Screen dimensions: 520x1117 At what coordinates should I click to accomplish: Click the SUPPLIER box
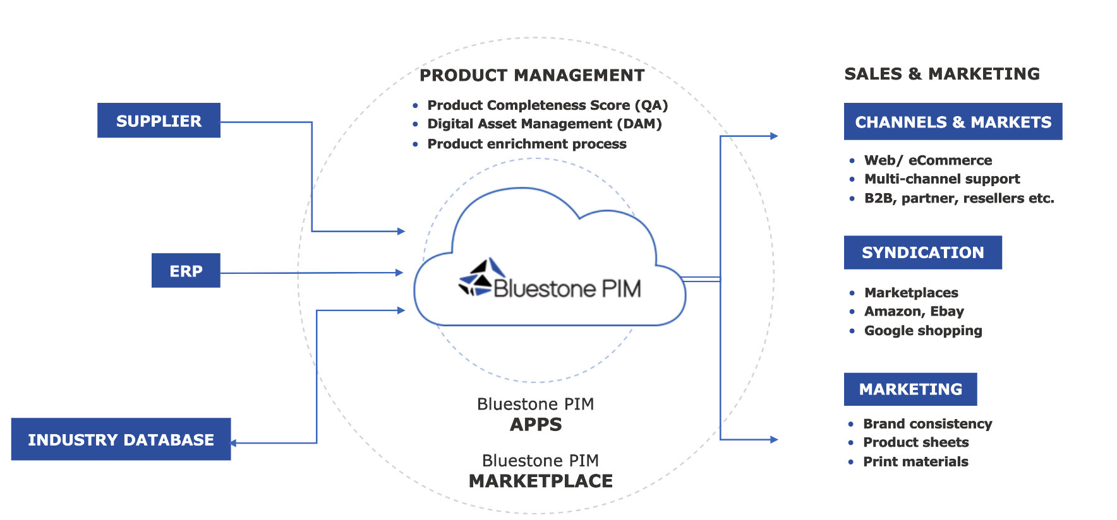(159, 121)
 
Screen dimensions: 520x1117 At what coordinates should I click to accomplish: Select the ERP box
(186, 271)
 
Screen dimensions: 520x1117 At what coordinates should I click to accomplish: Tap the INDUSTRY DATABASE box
(121, 439)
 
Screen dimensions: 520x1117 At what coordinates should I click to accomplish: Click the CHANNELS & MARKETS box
(953, 122)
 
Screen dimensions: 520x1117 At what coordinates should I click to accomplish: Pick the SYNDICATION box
(922, 252)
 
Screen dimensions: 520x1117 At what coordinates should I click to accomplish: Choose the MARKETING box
(910, 389)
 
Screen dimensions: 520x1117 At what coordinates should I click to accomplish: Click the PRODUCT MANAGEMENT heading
(532, 75)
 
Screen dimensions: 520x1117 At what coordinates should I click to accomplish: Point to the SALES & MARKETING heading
(941, 74)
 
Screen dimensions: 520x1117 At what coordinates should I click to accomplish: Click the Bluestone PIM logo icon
(476, 278)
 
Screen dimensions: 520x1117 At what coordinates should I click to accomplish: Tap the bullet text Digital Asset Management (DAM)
(544, 124)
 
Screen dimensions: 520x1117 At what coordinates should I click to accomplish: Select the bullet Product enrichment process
(526, 144)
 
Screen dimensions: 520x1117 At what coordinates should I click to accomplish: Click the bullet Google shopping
(922, 331)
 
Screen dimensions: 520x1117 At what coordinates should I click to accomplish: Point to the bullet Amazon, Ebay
(914, 311)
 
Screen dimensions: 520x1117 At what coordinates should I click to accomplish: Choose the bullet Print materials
(915, 461)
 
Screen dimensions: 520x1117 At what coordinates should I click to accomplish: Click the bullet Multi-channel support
(941, 179)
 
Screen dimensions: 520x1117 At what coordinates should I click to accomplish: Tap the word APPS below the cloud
(536, 424)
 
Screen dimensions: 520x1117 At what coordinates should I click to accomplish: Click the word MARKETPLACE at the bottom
(540, 481)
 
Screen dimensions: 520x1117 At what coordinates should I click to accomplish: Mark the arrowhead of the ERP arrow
(399, 273)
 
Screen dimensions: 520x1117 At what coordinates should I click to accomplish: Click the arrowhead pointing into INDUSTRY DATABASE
(233, 443)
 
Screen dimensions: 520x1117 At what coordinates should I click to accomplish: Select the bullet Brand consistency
(927, 423)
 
